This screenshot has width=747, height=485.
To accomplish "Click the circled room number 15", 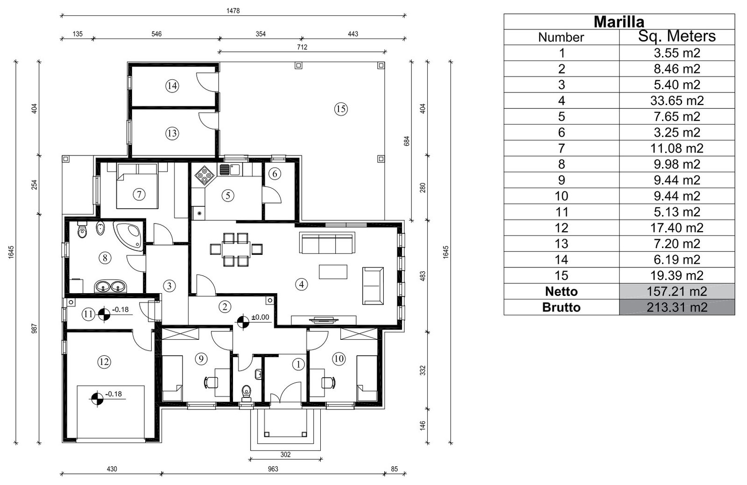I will point(341,109).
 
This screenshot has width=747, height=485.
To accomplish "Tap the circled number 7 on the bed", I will point(139,194).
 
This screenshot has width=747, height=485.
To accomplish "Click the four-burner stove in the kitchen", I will point(204,175).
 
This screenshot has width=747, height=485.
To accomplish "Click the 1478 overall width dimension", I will point(233,11).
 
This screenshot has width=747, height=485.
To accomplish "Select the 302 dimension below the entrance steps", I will point(285,454).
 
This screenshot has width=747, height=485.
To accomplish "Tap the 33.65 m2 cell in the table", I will point(677,100).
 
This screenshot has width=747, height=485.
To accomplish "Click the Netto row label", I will point(561,291).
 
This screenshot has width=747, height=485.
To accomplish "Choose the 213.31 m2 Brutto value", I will point(677,307).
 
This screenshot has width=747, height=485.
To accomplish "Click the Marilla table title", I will point(619,21).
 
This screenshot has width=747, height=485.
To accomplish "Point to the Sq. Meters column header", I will point(677,37).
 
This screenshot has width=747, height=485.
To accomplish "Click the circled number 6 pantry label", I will point(275,174).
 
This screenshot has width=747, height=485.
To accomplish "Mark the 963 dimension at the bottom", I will point(273,469).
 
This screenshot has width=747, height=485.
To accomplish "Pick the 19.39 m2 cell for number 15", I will point(677,275).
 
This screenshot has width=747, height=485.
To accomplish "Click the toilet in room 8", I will point(83,231).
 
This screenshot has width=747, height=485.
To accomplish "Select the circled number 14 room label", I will point(172,85).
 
